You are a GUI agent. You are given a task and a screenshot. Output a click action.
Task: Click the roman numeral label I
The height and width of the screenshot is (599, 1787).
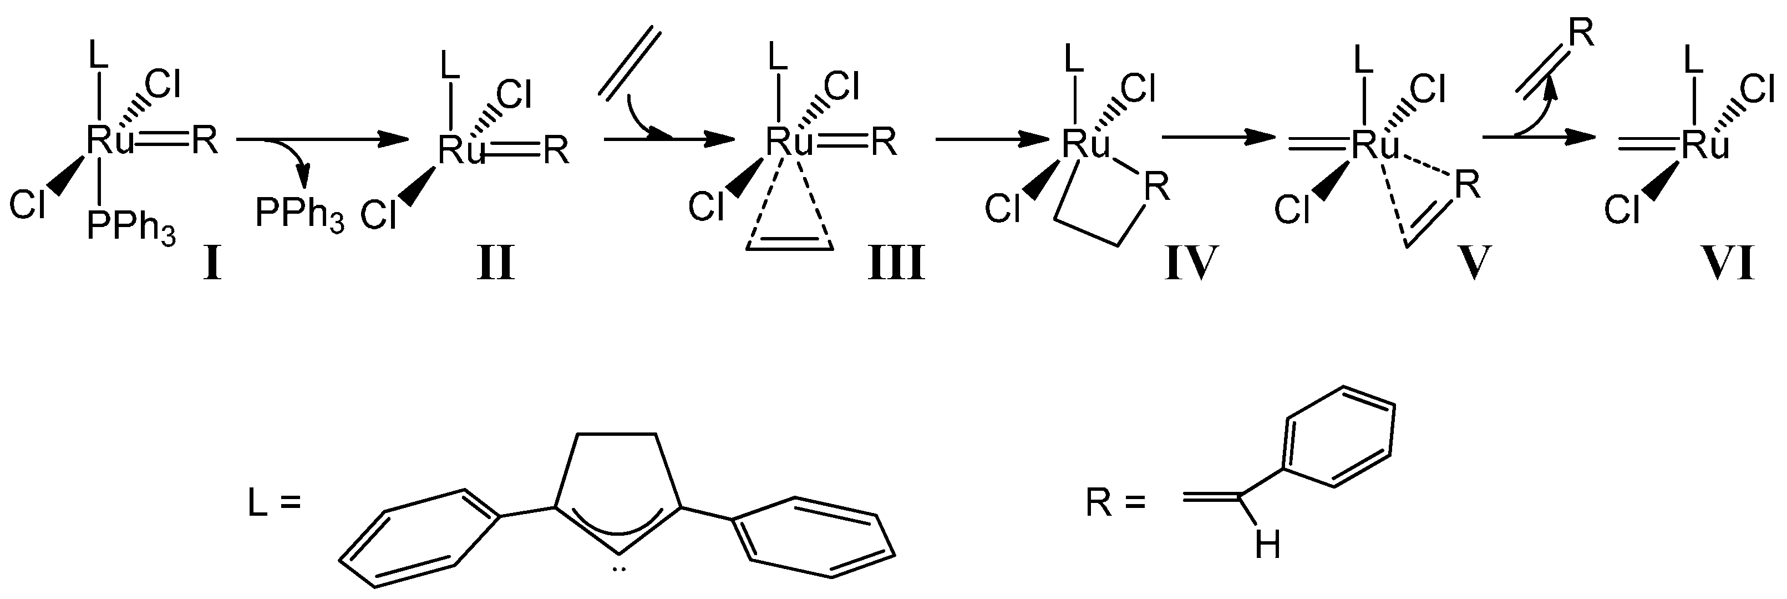click(x=211, y=264)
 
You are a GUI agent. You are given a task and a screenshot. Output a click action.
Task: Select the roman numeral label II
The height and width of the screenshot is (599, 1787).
click(x=495, y=264)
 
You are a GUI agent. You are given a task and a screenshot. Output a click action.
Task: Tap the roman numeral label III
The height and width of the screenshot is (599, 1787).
click(x=896, y=264)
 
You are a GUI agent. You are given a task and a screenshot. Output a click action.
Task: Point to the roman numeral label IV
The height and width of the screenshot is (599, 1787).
click(x=1191, y=264)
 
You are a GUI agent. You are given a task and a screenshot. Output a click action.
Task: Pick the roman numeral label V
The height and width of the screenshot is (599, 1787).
click(x=1471, y=264)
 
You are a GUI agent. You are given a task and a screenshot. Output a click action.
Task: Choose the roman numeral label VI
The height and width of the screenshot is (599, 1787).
click(x=1727, y=264)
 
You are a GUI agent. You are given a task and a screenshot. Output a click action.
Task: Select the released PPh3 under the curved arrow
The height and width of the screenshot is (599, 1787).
click(x=299, y=214)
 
